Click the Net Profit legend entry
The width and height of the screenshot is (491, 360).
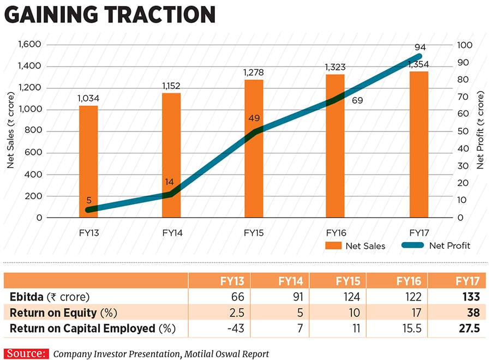pos(436,245)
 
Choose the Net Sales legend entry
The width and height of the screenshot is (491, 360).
pos(355,245)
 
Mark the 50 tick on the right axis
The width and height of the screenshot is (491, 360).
pos(461,131)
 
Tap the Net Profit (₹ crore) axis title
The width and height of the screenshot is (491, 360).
pos(481,131)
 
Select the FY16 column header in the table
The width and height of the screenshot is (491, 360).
pos(408,281)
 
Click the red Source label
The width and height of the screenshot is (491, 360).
pos(27,353)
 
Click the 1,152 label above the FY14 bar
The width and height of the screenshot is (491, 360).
pos(171,86)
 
